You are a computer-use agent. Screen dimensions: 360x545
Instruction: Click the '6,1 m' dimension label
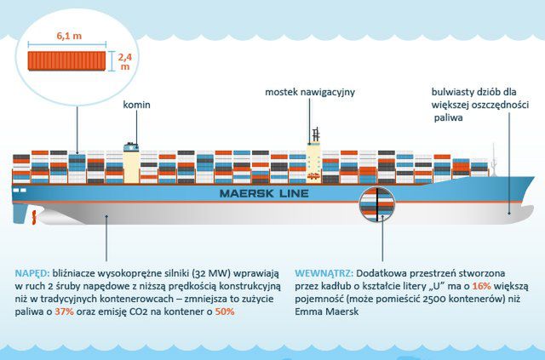[68, 37]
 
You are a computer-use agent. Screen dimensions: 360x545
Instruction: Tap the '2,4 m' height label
[123, 59]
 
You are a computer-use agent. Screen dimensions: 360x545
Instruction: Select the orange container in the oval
[69, 61]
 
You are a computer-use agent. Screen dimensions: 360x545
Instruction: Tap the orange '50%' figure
[225, 312]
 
